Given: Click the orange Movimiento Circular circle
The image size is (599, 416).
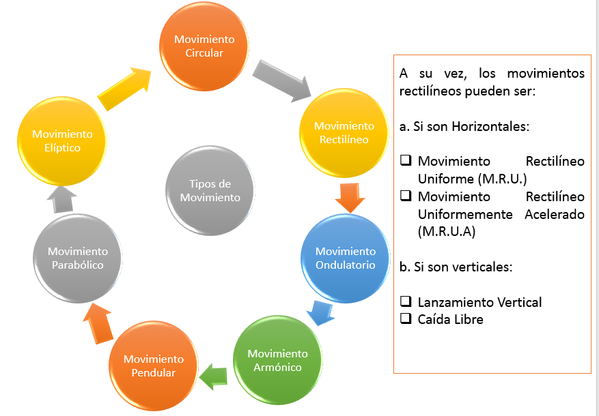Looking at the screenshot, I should (x=204, y=46).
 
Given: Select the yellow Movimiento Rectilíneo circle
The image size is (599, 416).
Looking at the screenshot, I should (x=344, y=132).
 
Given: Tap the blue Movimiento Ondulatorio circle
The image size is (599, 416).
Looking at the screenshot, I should (x=345, y=258).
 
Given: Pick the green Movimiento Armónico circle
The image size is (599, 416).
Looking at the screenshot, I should (x=277, y=359).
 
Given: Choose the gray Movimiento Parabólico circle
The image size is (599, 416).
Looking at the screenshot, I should (x=78, y=258).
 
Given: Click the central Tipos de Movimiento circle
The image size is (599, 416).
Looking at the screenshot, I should (x=210, y=190).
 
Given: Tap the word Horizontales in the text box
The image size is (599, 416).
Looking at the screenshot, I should (x=489, y=127).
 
